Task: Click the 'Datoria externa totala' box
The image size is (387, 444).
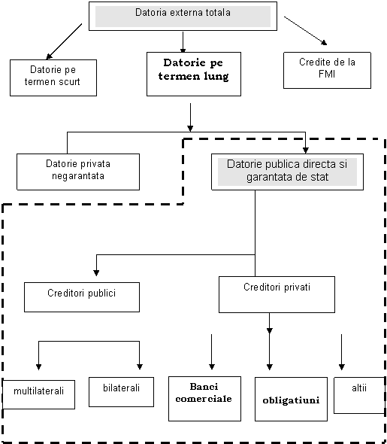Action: pyautogui.click(x=183, y=16)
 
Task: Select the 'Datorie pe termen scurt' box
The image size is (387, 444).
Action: pyautogui.click(x=53, y=78)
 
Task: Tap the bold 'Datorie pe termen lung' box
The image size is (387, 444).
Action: pyautogui.click(x=194, y=74)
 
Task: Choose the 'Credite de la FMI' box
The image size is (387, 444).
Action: pyautogui.click(x=327, y=70)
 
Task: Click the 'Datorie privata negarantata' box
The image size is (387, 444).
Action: pyautogui.click(x=78, y=172)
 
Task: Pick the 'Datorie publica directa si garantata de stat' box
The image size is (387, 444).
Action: pyautogui.click(x=288, y=172)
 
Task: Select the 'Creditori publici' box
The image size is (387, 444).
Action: pyautogui.click(x=82, y=297)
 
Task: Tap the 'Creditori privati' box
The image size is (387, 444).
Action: pyautogui.click(x=277, y=294)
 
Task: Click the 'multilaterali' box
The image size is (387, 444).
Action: pyautogui.click(x=39, y=394)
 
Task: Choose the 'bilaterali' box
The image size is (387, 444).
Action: pyautogui.click(x=121, y=392)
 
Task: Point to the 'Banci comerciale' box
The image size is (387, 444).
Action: pyautogui.click(x=204, y=399)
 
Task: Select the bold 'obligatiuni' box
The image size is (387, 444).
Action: pyautogui.click(x=291, y=399)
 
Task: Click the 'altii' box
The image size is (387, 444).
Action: pyautogui.click(x=359, y=395)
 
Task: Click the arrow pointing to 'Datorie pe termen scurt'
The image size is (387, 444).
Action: pyautogui.click(x=64, y=41)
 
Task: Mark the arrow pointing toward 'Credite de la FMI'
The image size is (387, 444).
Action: pyautogui.click(x=306, y=31)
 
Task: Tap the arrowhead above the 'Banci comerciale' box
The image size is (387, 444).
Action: pyautogui.click(x=212, y=366)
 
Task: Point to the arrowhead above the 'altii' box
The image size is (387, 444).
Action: pyautogui.click(x=341, y=367)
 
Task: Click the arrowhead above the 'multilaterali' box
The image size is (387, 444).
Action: pyautogui.click(x=39, y=367)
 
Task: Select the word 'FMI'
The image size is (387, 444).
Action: pyautogui.click(x=327, y=74)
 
